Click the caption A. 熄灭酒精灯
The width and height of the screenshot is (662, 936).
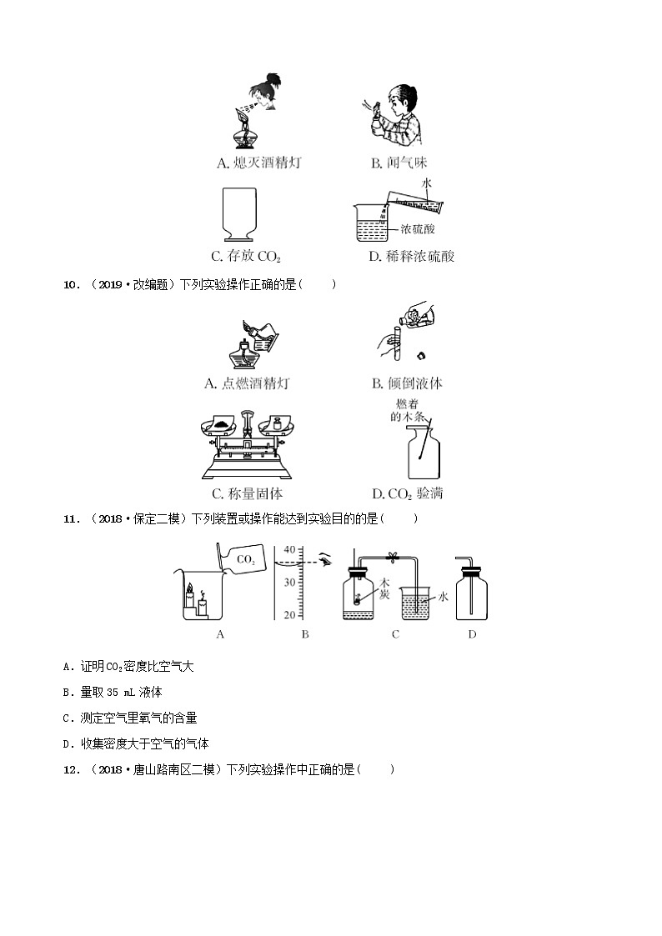click(258, 163)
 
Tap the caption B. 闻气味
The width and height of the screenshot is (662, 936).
click(399, 163)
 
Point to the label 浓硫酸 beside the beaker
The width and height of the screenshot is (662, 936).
click(418, 228)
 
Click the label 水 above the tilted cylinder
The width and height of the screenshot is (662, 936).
click(426, 182)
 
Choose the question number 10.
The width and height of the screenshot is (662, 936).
click(72, 285)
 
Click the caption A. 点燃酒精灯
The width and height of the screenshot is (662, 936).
click(247, 383)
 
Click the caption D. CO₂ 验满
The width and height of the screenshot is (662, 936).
click(407, 494)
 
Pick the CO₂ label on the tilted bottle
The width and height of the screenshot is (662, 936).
click(246, 560)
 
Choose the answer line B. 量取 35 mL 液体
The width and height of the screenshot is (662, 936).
click(113, 692)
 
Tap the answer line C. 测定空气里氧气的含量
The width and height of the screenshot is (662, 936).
click(130, 718)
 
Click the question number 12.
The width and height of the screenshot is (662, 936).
click(72, 769)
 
